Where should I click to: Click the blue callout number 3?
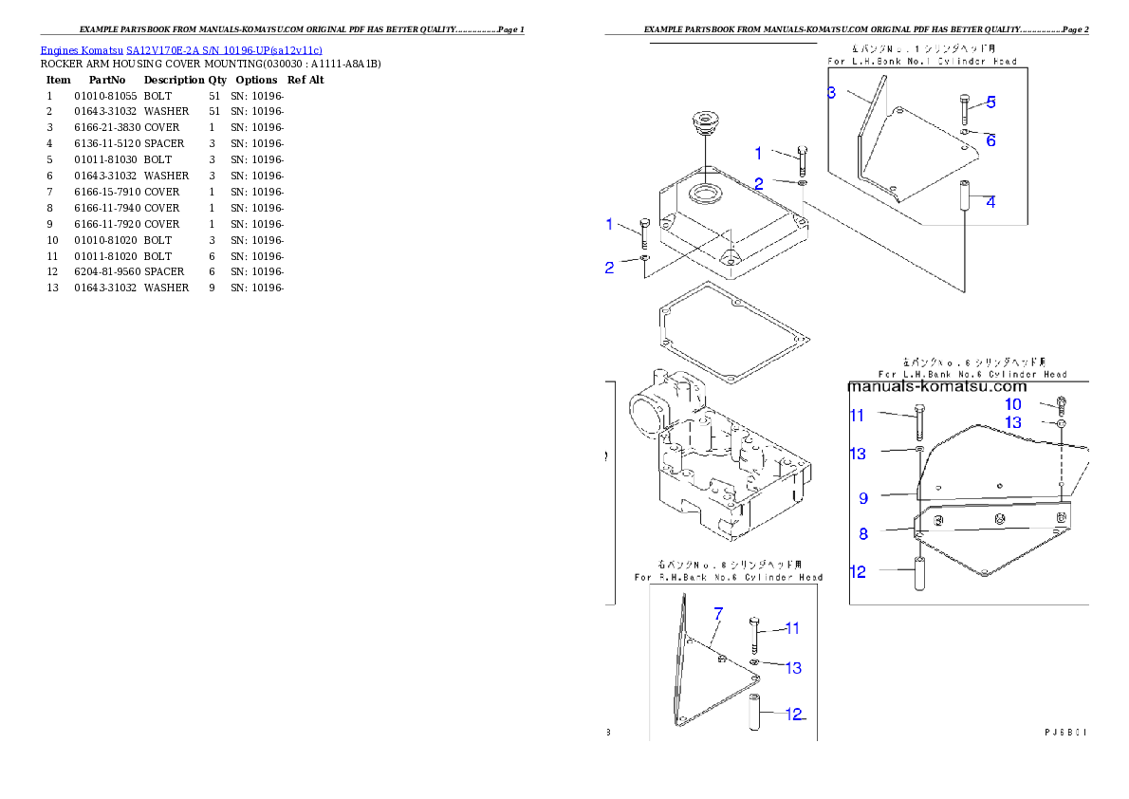point(831,92)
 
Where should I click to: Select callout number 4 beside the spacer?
point(990,201)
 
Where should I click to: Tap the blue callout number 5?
point(990,102)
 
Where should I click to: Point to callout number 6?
point(990,139)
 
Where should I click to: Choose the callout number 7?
point(718,613)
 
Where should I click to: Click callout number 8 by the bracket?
point(863,533)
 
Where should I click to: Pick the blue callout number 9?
point(863,497)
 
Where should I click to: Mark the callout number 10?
point(1013,404)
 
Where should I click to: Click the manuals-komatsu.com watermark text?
point(936,386)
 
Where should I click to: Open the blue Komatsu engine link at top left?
point(181,49)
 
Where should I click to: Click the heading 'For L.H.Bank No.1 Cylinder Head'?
point(922,61)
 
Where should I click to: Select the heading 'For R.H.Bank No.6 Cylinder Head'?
point(729,577)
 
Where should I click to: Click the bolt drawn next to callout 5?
point(965,109)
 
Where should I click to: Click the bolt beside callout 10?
point(1061,405)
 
